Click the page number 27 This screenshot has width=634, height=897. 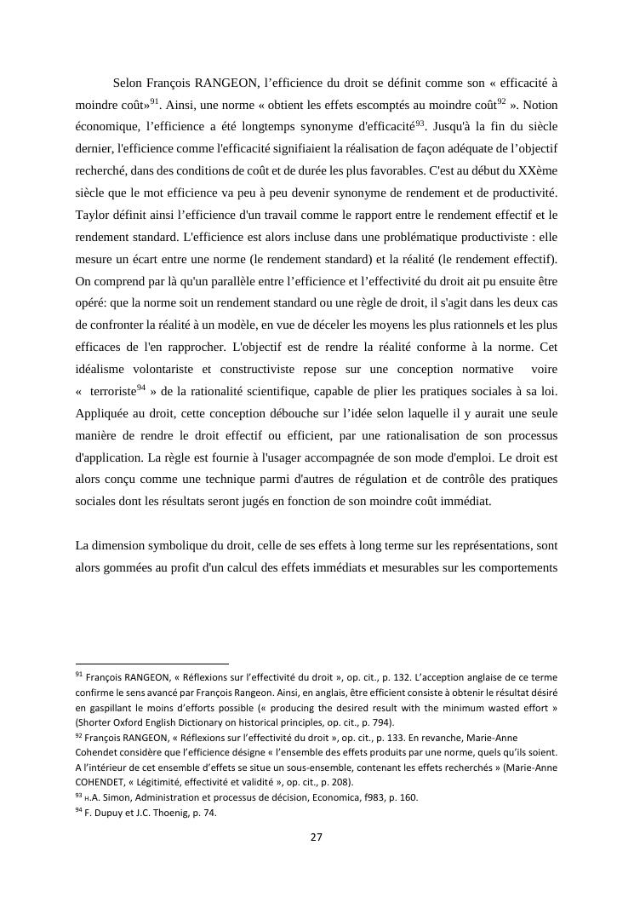(316, 837)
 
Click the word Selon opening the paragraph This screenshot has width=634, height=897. (129, 83)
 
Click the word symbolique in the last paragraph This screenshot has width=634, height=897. (200, 545)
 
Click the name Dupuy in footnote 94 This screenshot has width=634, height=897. (108, 813)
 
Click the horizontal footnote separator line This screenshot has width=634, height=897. (152, 663)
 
